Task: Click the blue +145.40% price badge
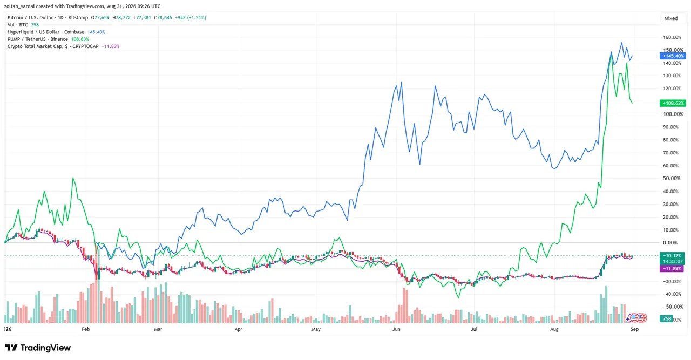[673, 56]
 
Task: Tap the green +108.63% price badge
[673, 103]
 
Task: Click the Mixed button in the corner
[671, 18]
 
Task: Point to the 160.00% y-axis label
[672, 37]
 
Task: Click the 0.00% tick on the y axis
[670, 243]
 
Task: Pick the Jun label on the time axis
[396, 329]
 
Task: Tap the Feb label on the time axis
[86, 329]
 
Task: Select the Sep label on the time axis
[634, 329]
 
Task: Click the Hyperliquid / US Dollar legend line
[57, 32]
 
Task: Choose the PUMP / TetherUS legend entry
[48, 39]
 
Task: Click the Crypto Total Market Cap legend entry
[63, 46]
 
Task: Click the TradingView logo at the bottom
[38, 348]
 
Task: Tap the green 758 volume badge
[667, 318]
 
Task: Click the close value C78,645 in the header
[163, 18]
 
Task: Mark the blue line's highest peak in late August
[621, 43]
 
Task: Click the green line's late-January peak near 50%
[73, 178]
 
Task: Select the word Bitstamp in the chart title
[78, 18]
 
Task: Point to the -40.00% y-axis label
[672, 294]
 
